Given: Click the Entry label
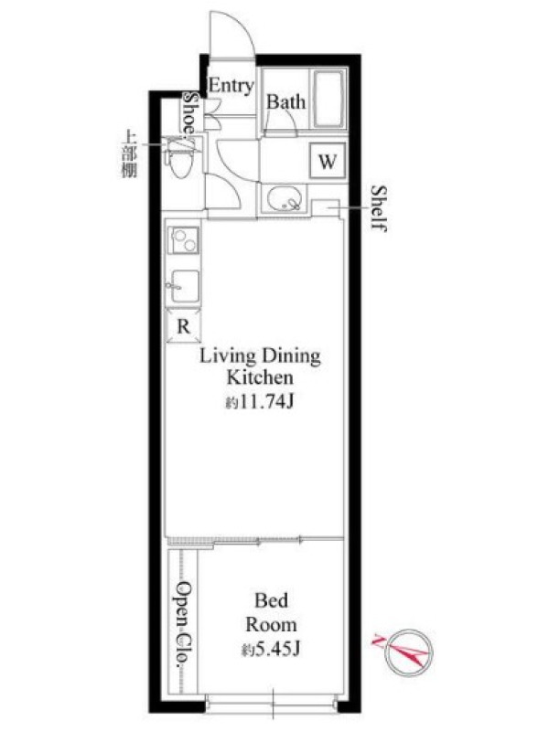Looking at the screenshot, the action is coord(231,86).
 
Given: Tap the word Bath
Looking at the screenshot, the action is coord(286,102).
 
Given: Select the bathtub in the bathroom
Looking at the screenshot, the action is coord(329,99).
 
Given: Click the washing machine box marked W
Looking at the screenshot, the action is coord(328,162).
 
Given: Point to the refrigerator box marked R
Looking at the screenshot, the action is coord(184,326).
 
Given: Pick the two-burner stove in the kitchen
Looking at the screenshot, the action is coord(184,240).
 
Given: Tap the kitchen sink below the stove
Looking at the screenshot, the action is coord(184,285).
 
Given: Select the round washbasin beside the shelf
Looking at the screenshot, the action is coord(285,199).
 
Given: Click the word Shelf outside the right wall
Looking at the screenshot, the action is coord(379,208).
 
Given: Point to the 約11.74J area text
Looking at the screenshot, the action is coord(260,401).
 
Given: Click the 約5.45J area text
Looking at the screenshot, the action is coord(271,649).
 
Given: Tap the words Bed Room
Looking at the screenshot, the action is coord(271,612).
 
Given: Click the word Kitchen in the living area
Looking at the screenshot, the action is coord(260,377).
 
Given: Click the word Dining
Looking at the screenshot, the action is coord(290,357).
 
